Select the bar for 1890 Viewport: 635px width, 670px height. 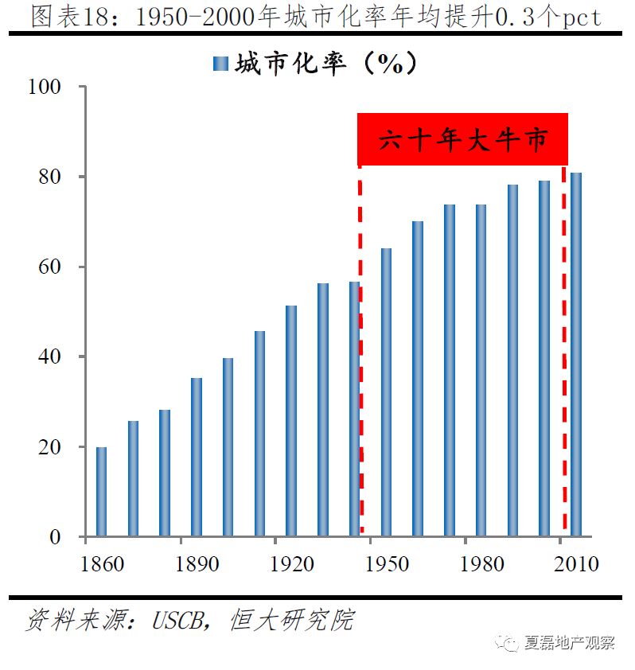[x=197, y=457]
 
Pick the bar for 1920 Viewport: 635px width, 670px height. [x=291, y=421]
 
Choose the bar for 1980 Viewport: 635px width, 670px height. [x=481, y=371]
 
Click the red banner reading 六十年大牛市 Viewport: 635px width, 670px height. [x=462, y=140]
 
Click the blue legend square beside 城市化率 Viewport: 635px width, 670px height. [x=220, y=64]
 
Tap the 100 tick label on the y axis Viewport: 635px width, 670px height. [x=45, y=87]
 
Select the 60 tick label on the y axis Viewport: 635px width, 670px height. [x=50, y=267]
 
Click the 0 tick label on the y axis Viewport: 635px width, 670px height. [x=55, y=537]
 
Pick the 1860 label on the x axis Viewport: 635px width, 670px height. [x=102, y=563]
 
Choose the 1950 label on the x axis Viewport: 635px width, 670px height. [x=387, y=563]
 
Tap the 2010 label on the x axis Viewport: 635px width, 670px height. [x=575, y=563]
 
